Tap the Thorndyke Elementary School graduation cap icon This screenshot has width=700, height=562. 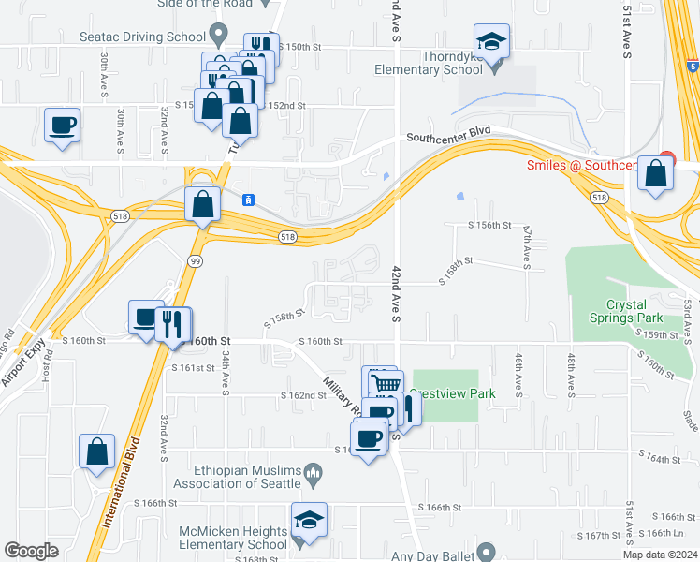(491, 42)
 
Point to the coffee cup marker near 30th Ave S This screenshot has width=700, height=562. (63, 126)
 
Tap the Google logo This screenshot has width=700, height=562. (32, 551)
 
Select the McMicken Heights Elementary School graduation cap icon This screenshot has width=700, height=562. (308, 520)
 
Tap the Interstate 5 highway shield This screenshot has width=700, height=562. (691, 67)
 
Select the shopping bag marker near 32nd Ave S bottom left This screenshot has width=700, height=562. (97, 452)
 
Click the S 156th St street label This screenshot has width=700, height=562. (490, 226)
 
